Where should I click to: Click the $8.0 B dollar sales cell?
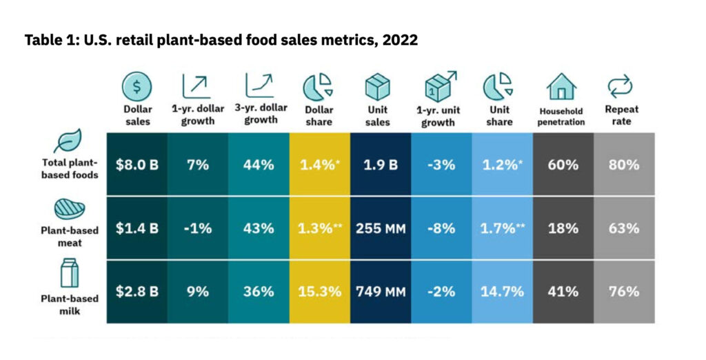(137, 165)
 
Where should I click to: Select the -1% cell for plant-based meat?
(198, 228)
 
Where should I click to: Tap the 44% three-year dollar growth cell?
(259, 165)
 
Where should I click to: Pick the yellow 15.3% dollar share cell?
(319, 291)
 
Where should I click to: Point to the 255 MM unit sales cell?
(380, 228)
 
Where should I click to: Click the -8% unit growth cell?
(441, 228)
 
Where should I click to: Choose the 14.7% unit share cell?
(501, 291)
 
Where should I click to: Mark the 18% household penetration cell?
(563, 228)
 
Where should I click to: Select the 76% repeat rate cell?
(623, 291)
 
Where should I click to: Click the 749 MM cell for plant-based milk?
(380, 291)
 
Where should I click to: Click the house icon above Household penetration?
(562, 86)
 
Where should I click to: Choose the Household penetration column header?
(562, 117)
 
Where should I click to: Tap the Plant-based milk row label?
(69, 304)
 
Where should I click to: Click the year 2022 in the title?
(399, 40)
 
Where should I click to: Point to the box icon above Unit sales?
(379, 86)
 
